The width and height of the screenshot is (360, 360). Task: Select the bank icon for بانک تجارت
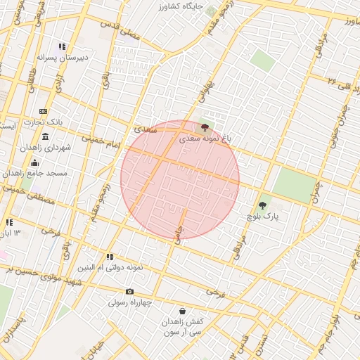(x=44, y=111)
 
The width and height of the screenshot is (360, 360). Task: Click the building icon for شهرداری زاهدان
(x=45, y=136)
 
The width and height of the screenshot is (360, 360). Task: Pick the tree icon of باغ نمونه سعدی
(x=205, y=128)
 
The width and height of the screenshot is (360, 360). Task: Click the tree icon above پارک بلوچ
(x=263, y=205)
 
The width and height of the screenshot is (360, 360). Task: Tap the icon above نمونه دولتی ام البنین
(x=109, y=257)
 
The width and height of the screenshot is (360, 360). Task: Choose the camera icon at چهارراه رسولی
(x=129, y=292)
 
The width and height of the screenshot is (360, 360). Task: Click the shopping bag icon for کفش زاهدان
(x=183, y=310)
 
